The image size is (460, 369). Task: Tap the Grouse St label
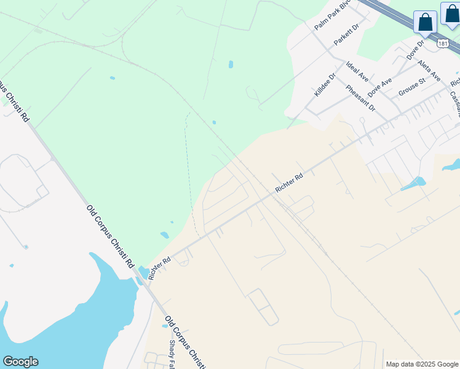(x=412, y=87)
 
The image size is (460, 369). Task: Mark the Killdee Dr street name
(x=325, y=85)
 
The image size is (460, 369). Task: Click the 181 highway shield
(x=443, y=44)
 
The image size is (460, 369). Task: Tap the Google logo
(x=20, y=362)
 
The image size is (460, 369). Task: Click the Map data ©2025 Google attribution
(x=422, y=364)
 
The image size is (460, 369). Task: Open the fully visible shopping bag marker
(x=425, y=23)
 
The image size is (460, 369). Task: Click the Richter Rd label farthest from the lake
(x=289, y=183)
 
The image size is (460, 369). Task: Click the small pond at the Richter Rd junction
(x=143, y=271)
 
